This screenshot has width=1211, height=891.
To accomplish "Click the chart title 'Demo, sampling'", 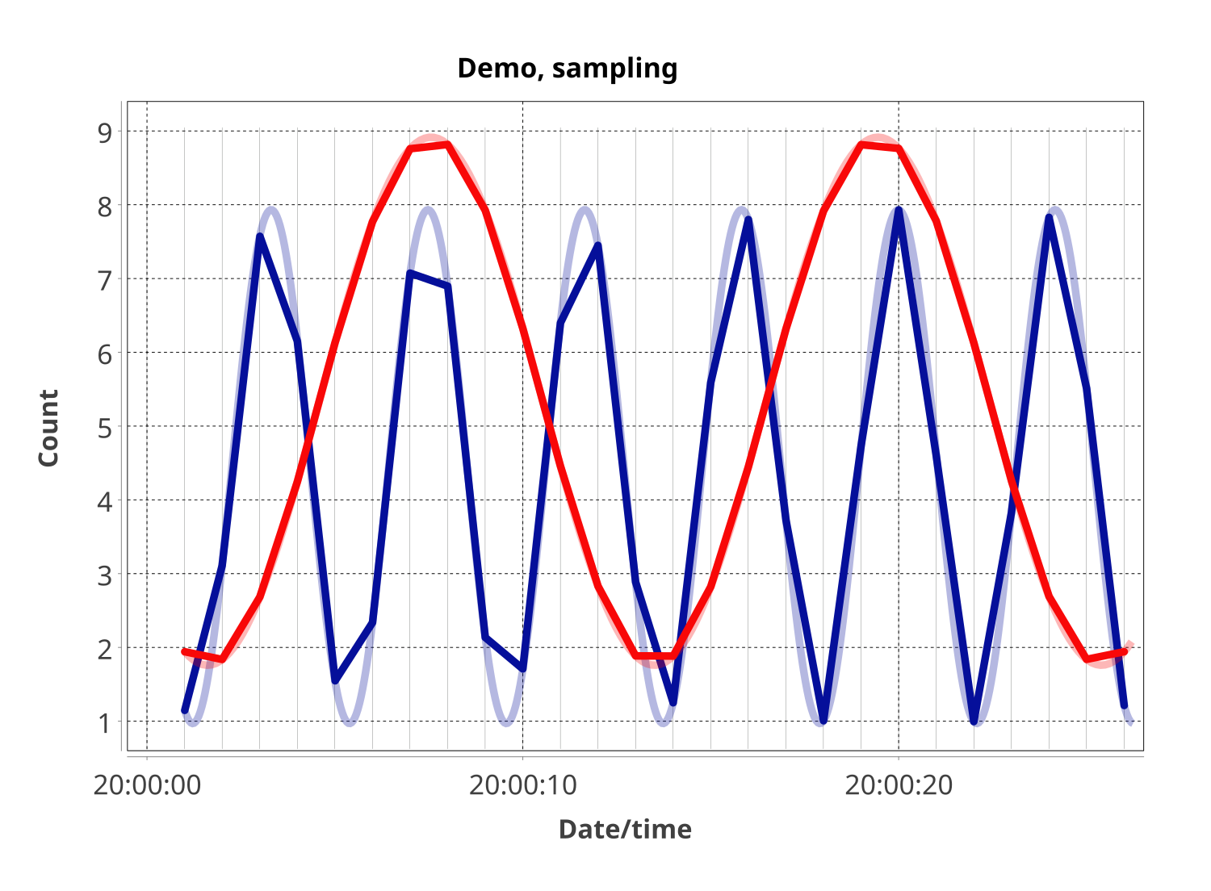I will click(567, 69).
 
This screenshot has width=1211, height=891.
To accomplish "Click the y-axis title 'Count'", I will click(48, 427).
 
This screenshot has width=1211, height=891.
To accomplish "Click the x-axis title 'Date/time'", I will click(625, 829).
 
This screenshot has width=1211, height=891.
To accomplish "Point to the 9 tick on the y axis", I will click(106, 132).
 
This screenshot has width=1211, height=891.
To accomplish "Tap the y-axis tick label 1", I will click(106, 723).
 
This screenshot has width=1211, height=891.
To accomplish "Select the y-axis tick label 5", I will click(106, 428).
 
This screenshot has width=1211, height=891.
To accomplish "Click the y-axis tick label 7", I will click(106, 280).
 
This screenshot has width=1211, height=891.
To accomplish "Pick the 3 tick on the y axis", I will click(106, 575).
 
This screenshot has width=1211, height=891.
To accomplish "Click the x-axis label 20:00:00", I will click(147, 784).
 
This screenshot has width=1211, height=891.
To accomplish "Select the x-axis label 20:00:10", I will click(523, 784).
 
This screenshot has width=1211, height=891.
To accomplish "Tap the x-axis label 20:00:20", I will click(899, 784).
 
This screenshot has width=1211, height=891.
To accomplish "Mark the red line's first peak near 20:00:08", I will click(447, 145).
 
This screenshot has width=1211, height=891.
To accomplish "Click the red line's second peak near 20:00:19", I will click(861, 145).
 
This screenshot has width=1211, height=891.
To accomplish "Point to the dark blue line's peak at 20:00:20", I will click(899, 211).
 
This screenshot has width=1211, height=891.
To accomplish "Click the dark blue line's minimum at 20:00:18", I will click(823, 720).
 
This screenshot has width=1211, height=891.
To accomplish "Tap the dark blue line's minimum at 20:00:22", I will click(974, 721).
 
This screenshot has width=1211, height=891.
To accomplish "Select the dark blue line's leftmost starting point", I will click(185, 710).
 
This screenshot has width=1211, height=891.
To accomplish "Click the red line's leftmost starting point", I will click(185, 651).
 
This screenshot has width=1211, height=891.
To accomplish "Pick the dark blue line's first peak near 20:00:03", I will click(260, 236).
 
